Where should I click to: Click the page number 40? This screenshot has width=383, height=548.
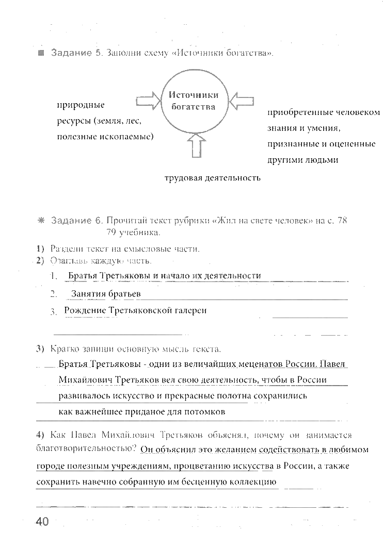(x=42, y=521)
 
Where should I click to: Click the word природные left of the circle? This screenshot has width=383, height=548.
(x=81, y=106)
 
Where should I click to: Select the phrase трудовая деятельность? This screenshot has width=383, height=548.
(x=212, y=178)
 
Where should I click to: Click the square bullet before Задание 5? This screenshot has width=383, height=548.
(x=41, y=54)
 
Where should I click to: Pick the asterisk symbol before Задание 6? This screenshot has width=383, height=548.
(x=41, y=221)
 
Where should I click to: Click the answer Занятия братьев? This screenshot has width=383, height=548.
(x=106, y=294)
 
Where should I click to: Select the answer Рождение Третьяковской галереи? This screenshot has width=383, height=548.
(x=135, y=310)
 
